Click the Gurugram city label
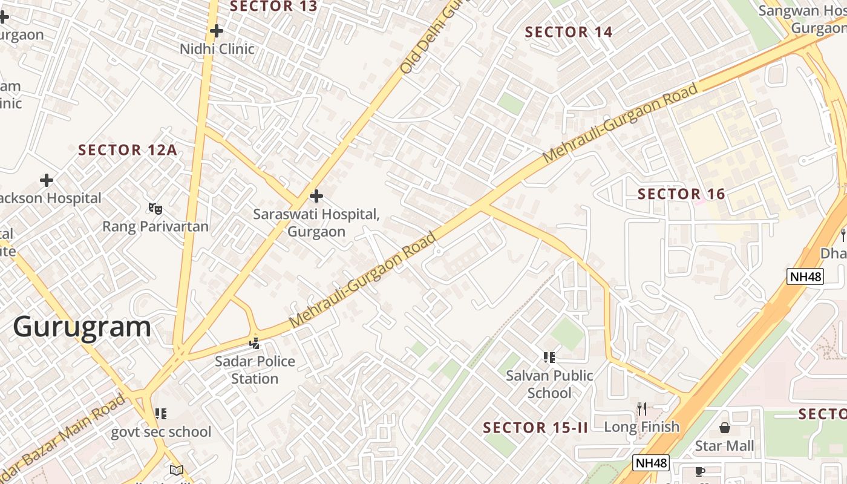(82, 327)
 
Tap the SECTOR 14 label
(568, 32)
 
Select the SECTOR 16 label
(681, 194)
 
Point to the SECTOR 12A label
(128, 150)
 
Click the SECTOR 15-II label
(535, 428)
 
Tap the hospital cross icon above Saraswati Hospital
(316, 196)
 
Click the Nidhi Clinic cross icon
(217, 30)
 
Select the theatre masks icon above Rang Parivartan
(155, 209)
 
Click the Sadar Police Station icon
(255, 343)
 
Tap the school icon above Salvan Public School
(549, 357)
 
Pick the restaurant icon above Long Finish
(642, 409)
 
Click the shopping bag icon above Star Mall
(724, 428)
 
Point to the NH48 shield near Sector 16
(805, 277)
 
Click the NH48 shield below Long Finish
(651, 463)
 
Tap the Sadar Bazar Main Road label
(64, 437)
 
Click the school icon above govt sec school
(160, 414)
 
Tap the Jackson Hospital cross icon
(47, 180)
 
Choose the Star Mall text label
(724, 446)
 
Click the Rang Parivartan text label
(155, 227)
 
